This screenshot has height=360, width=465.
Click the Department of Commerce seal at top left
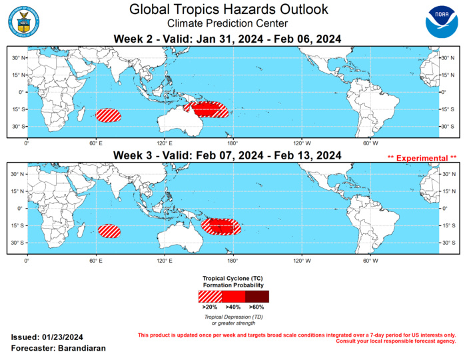click(x=25, y=21)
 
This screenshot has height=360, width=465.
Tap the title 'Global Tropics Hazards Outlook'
click(x=229, y=9)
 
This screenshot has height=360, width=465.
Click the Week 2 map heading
click(x=229, y=39)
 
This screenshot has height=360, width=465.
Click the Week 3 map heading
click(x=229, y=155)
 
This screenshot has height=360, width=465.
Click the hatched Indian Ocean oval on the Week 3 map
click(x=109, y=231)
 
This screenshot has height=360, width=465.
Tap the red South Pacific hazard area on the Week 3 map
click(x=222, y=227)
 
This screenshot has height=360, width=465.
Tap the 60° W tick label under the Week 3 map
click(x=368, y=259)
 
